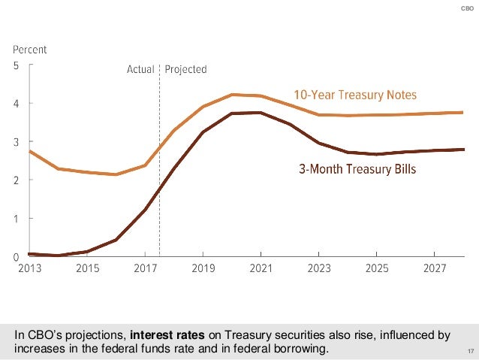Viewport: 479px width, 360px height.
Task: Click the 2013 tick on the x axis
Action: [30, 268]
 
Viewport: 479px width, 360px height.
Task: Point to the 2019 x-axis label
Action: [203, 268]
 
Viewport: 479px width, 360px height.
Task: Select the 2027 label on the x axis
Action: [435, 268]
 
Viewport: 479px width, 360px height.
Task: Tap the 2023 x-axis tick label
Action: [319, 268]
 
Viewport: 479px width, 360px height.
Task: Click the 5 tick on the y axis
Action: [17, 65]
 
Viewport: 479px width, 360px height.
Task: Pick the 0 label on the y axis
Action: [17, 257]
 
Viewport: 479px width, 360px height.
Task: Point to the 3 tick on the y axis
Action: [17, 141]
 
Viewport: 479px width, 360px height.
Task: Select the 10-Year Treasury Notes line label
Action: [354, 95]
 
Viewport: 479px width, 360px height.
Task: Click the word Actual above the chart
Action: [140, 69]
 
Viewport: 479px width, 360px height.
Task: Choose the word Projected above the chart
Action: [185, 69]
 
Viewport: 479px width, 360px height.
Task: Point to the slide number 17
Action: [471, 351]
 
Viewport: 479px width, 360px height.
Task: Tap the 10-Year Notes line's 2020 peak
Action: [233, 95]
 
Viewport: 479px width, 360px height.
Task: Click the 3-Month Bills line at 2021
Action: [261, 113]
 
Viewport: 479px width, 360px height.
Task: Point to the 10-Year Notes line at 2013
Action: [30, 151]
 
